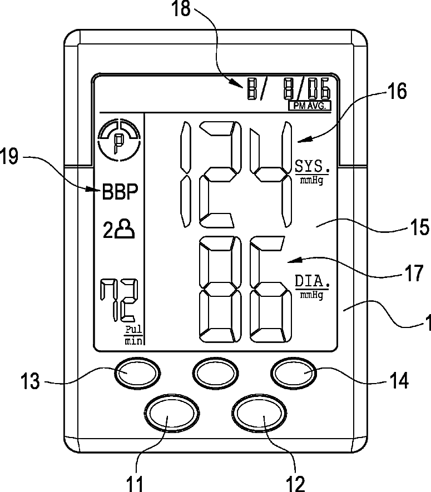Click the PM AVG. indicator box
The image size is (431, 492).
coord(309,105)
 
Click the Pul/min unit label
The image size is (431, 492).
coord(133,336)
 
